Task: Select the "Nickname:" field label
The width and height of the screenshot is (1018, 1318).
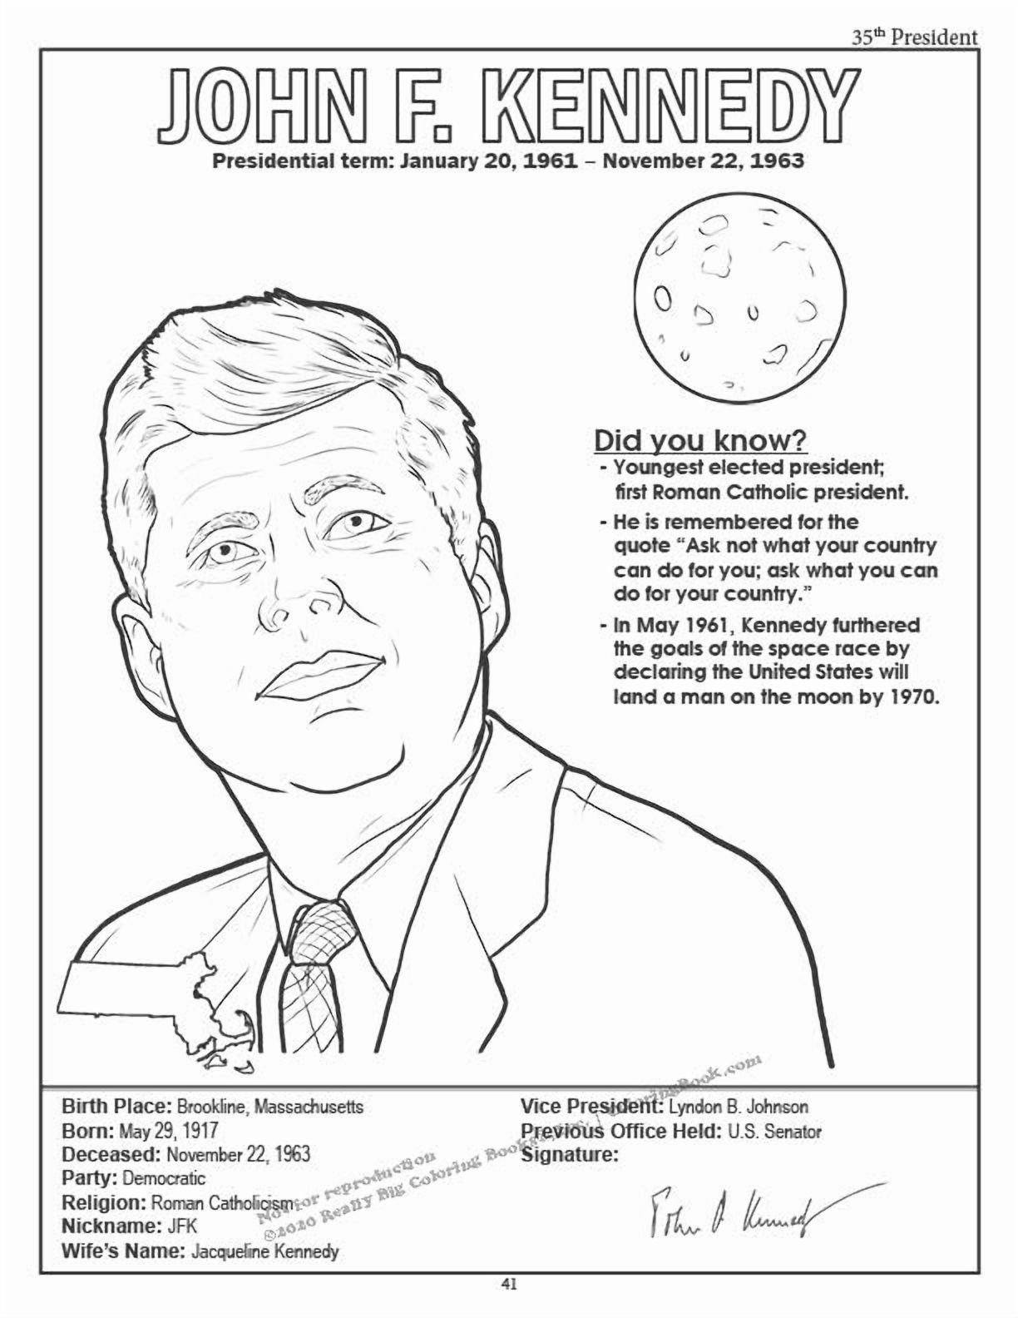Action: (110, 1226)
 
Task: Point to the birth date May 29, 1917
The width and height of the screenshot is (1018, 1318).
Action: (169, 1132)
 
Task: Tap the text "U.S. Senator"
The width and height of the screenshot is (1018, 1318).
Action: (773, 1132)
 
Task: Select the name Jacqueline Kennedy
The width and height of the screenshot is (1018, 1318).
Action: (265, 1251)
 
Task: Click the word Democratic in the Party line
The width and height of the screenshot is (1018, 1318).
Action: (163, 1178)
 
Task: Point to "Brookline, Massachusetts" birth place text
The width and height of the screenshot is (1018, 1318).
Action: (268, 1107)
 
